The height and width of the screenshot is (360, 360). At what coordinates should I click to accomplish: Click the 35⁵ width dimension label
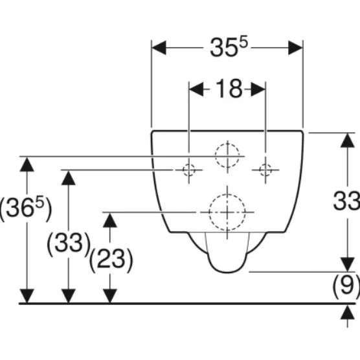tap(229, 47)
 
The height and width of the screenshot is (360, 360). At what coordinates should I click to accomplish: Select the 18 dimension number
tap(229, 89)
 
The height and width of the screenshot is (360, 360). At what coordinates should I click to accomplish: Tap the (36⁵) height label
tap(26, 208)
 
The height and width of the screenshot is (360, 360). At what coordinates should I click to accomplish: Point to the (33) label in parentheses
tap(69, 244)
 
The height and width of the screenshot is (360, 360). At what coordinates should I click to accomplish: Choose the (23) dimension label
tap(111, 260)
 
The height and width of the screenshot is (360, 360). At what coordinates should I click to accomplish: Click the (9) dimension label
tap(346, 286)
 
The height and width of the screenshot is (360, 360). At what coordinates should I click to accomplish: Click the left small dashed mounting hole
tap(188, 170)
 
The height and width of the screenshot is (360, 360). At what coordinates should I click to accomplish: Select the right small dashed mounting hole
tap(265, 170)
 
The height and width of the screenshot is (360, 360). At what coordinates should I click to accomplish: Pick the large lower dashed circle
tap(209, 212)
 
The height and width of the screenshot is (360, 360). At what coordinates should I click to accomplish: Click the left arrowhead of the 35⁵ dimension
tap(159, 48)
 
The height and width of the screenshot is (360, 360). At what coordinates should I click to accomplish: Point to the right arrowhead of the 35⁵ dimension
tap(295, 48)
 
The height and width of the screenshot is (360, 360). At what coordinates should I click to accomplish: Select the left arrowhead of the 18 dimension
tap(196, 89)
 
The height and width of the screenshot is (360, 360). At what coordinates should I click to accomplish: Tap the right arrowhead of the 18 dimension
tap(258, 89)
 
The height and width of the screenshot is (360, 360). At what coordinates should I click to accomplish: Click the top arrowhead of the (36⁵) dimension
tap(27, 164)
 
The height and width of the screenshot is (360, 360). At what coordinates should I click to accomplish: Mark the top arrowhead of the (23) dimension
tap(110, 220)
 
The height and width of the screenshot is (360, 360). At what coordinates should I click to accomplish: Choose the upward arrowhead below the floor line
tap(347, 312)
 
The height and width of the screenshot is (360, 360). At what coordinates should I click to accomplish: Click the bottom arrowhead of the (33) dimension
tap(69, 296)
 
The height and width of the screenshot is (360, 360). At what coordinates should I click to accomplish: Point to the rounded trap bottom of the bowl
tap(227, 273)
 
